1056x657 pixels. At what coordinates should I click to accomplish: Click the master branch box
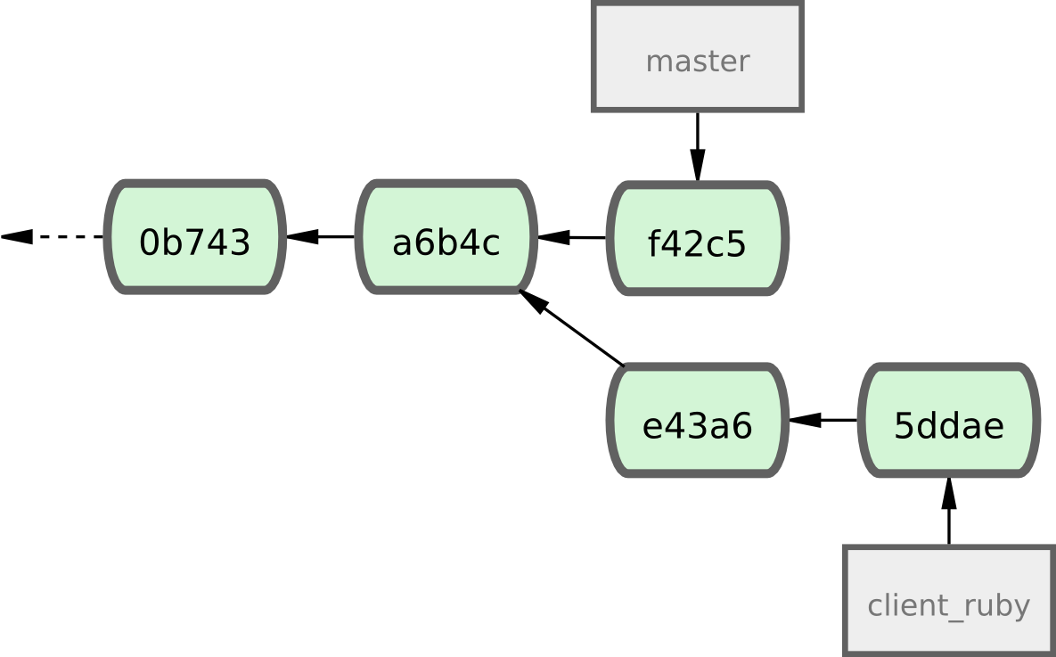pyautogui.click(x=697, y=57)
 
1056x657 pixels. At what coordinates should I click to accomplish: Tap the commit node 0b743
pyautogui.click(x=195, y=238)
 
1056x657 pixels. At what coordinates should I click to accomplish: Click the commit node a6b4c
pyautogui.click(x=446, y=238)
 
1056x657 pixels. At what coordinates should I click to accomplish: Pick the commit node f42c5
pyautogui.click(x=697, y=239)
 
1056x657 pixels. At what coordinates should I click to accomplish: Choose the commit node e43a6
pyautogui.click(x=697, y=421)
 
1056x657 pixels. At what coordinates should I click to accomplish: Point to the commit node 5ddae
pyautogui.click(x=948, y=421)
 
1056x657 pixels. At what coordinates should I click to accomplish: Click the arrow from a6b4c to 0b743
pyautogui.click(x=321, y=237)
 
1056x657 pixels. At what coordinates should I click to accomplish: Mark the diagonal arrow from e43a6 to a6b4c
pyautogui.click(x=571, y=328)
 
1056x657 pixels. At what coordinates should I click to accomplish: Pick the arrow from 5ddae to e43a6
pyautogui.click(x=823, y=420)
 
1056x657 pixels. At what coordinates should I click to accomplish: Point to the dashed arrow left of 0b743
pyautogui.click(x=53, y=237)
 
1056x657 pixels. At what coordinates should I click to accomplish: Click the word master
pyautogui.click(x=697, y=62)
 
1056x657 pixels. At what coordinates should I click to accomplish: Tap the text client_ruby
pyautogui.click(x=948, y=606)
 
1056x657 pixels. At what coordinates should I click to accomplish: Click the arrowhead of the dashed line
pyautogui.click(x=16, y=237)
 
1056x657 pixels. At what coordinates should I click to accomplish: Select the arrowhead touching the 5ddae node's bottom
pyautogui.click(x=948, y=493)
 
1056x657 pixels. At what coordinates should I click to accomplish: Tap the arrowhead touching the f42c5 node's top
pyautogui.click(x=697, y=166)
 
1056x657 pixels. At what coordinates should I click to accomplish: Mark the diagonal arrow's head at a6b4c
pyautogui.click(x=532, y=300)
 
